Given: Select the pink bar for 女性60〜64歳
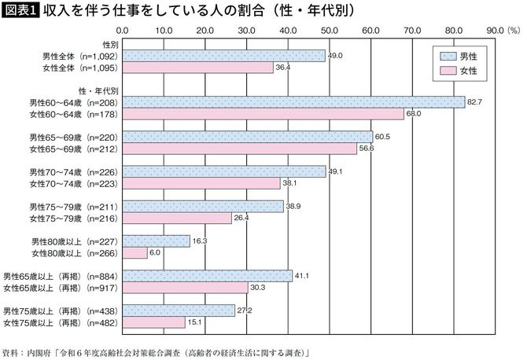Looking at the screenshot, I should point(263,114).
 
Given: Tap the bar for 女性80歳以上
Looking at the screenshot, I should point(135,253).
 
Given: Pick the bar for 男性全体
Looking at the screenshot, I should point(224,56).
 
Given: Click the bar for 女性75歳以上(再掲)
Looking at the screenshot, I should point(154,322).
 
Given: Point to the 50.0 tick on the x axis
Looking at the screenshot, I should point(329,32).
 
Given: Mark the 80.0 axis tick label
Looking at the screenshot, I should point(452,32).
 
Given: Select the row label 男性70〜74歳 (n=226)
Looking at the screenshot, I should point(73,171).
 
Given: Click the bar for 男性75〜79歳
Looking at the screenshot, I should point(204,206).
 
